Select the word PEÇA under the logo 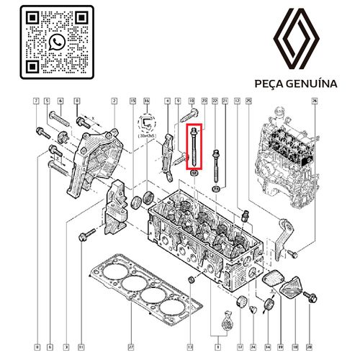(270, 84)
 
